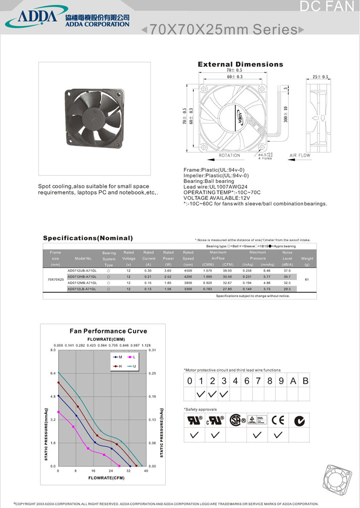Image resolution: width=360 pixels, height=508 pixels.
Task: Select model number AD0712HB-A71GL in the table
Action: point(82,276)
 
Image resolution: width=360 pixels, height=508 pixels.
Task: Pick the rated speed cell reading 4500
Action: point(188,270)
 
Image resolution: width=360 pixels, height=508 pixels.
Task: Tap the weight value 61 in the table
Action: point(307,279)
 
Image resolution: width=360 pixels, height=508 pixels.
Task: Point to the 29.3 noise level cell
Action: point(287,289)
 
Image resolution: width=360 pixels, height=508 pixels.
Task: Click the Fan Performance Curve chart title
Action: point(108,331)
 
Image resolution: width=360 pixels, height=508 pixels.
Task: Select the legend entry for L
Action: point(132,357)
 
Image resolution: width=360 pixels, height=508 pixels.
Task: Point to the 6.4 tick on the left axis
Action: point(53,373)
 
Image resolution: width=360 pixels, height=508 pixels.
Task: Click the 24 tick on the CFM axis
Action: point(111,471)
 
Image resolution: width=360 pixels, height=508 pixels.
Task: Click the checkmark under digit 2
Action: point(212,395)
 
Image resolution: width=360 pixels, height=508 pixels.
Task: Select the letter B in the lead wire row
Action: point(305,381)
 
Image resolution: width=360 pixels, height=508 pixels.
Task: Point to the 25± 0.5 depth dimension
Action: point(320,76)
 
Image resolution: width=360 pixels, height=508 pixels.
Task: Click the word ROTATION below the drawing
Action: point(229,156)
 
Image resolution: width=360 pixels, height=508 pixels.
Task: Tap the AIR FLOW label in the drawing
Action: point(300,156)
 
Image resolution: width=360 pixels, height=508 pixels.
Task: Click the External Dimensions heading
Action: point(240,64)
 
